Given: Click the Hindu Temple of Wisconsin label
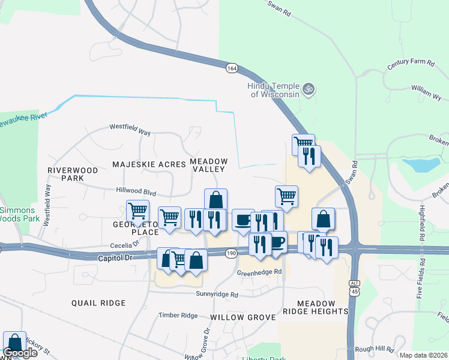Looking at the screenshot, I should (x=274, y=90).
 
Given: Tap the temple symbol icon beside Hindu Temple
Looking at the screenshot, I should (x=309, y=89).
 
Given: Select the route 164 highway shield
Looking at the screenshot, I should (x=232, y=68).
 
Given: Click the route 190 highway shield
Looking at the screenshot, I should (x=231, y=254).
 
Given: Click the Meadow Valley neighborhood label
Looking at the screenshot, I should (x=209, y=165).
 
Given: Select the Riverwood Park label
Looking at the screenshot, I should (x=73, y=174).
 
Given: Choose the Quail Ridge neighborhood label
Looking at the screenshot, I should (x=98, y=303).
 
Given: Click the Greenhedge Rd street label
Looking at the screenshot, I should (x=259, y=272).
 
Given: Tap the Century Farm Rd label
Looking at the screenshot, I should (x=410, y=62).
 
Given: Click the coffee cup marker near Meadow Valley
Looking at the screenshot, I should (x=243, y=220).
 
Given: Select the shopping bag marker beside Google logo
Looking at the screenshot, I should (x=14, y=342).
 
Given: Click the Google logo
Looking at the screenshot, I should (x=20, y=353).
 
